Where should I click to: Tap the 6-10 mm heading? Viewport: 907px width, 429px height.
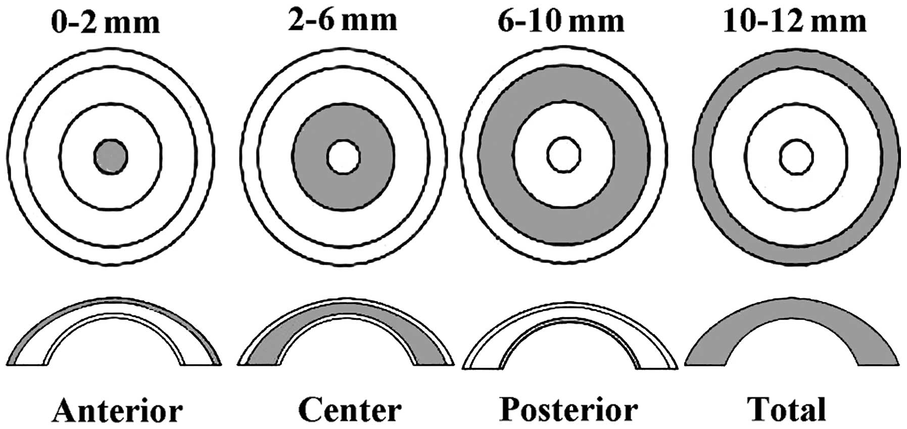tap(561, 21)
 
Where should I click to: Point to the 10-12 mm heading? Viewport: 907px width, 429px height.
tap(794, 21)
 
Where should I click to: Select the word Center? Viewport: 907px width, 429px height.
tap(350, 410)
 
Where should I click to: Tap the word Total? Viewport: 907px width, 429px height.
tap(787, 410)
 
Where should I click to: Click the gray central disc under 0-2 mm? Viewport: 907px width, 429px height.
tap(111, 156)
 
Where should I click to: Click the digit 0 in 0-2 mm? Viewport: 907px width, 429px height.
tap(61, 22)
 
